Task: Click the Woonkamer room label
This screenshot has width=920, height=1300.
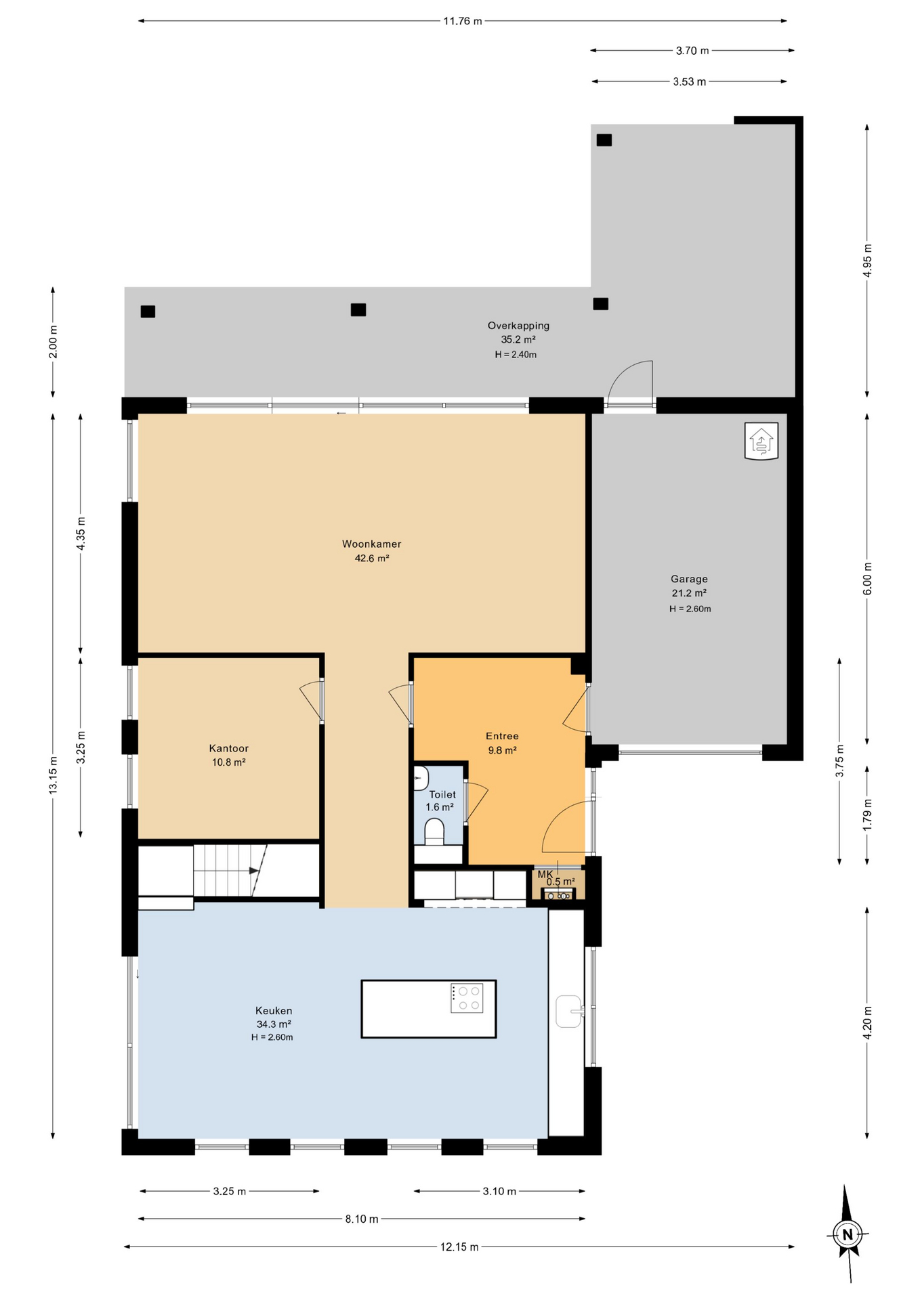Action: coord(371,544)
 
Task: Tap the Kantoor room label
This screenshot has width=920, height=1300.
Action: coord(228,748)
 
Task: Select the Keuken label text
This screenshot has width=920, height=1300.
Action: coord(274,1010)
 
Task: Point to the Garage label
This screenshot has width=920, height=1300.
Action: coord(689,579)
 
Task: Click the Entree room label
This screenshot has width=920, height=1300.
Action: coord(502,736)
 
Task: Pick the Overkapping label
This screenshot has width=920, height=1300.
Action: coord(518,326)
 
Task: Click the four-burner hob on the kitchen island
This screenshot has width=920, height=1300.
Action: coord(467,998)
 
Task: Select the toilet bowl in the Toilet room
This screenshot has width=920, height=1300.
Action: coord(434,831)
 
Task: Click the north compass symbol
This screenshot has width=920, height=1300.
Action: coord(847,1234)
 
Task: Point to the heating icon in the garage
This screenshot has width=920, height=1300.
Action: coord(761,441)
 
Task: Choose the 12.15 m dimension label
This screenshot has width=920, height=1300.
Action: coord(459,1247)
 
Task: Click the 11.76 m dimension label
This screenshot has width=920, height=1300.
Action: coord(463,21)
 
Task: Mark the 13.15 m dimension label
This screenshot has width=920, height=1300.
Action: coord(53,775)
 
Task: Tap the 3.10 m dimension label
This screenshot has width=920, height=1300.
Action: coord(499,1191)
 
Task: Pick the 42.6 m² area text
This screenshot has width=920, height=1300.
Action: coord(372,559)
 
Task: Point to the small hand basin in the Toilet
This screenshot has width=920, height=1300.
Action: coord(421,779)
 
